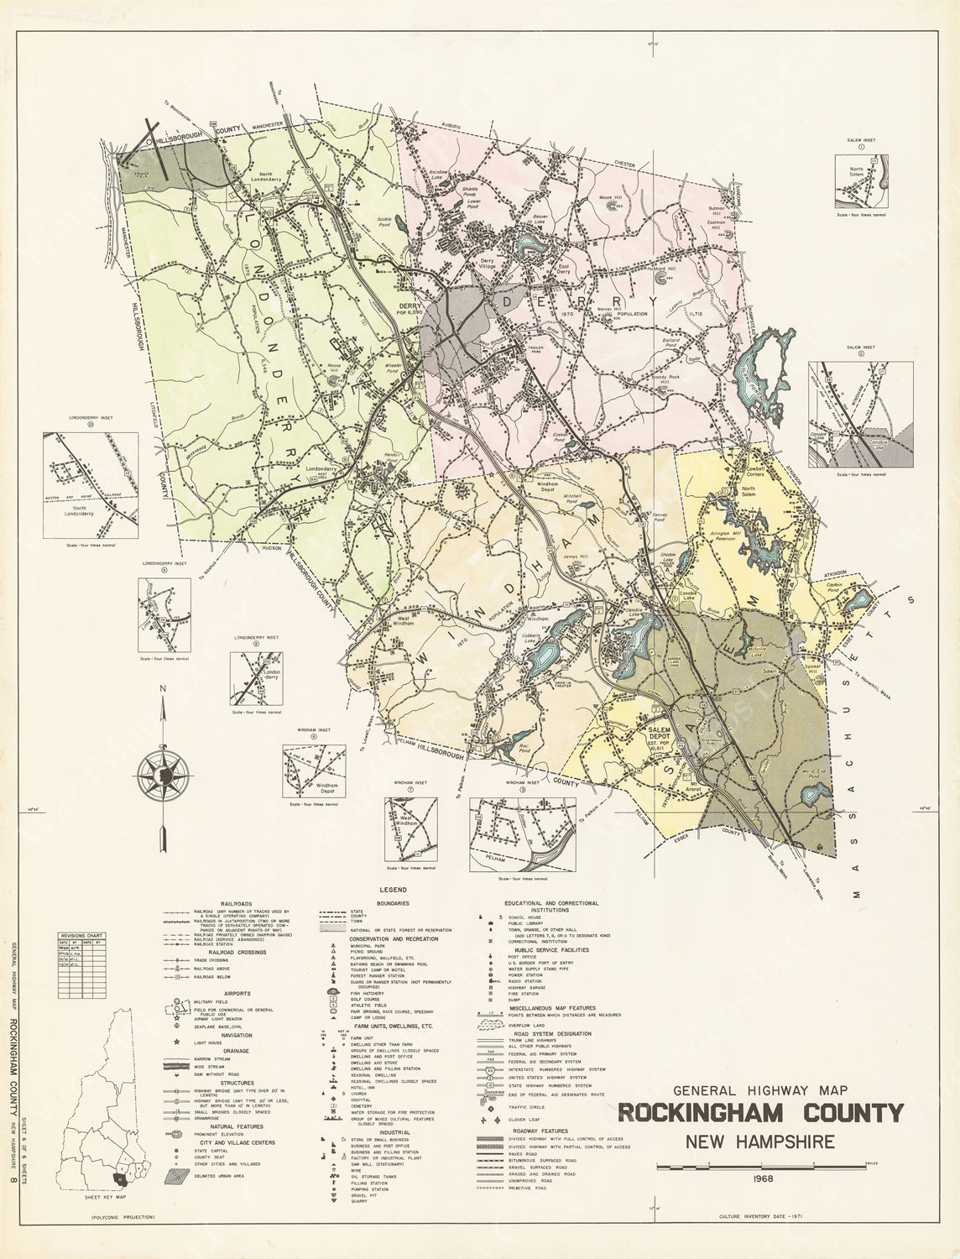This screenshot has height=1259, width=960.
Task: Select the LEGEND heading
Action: tap(392, 889)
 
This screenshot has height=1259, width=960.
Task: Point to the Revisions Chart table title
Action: tap(81, 934)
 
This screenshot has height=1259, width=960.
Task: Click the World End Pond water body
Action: tap(812, 792)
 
